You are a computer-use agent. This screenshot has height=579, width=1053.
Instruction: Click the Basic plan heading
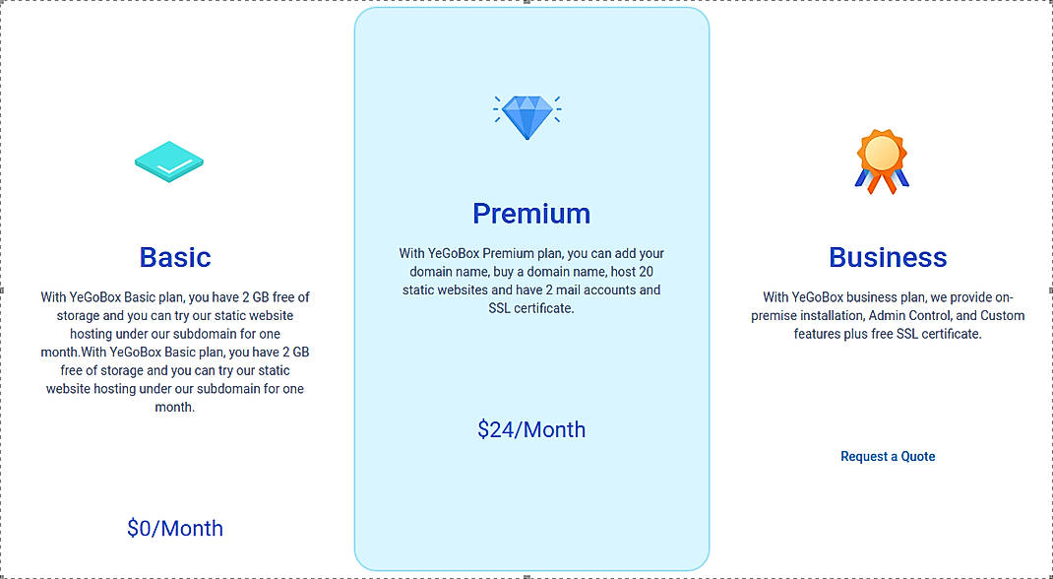[x=175, y=257]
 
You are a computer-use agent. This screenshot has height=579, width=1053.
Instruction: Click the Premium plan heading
[x=531, y=213]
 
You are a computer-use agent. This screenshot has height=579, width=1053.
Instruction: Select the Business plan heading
[x=888, y=257]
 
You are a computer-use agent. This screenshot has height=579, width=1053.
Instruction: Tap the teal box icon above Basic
[x=169, y=162]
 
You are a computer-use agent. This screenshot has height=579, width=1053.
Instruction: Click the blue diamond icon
[x=527, y=116]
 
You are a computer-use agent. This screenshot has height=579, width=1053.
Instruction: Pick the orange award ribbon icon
[x=882, y=161]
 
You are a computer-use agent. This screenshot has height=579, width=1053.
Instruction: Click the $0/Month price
[x=175, y=529]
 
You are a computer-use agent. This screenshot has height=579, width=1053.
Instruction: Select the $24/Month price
[x=531, y=429]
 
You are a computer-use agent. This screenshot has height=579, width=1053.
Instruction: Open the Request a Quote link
[x=888, y=456]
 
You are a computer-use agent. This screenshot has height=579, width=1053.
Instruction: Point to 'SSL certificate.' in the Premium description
[x=531, y=308]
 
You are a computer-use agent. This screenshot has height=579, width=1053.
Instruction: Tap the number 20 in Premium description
[x=646, y=271]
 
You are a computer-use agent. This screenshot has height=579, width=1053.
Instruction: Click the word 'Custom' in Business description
[x=1003, y=315]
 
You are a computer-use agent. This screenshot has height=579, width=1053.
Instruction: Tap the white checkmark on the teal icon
[x=169, y=164]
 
